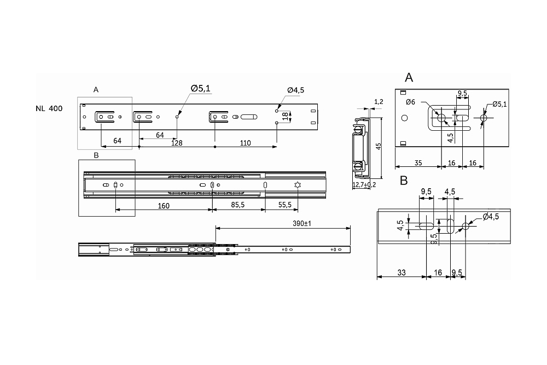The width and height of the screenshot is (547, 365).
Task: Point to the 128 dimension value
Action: (x=176, y=143)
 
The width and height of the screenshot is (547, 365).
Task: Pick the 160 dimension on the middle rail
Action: (x=163, y=206)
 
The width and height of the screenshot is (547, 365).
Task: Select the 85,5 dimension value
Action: (x=237, y=206)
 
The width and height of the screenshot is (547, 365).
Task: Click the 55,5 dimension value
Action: (x=284, y=206)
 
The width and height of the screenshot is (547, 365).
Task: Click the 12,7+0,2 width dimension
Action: (x=364, y=185)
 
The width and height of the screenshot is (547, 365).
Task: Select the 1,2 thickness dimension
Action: (x=378, y=102)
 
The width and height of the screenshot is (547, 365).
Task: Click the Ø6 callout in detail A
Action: (x=410, y=102)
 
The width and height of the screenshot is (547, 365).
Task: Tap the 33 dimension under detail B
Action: (x=401, y=272)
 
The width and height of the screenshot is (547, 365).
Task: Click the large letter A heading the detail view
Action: (x=409, y=77)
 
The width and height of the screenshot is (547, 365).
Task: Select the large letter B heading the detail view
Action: (x=404, y=180)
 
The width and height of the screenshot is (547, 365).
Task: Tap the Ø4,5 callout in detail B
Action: (x=491, y=217)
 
